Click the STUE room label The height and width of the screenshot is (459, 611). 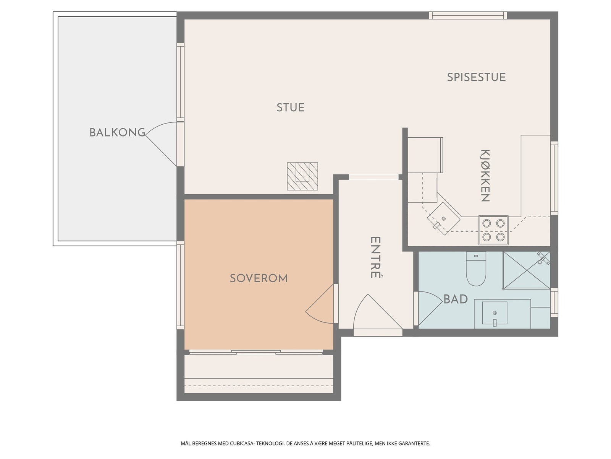click(x=290, y=107)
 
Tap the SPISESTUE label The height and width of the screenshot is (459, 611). click(x=476, y=77)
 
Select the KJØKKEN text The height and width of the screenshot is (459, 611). click(x=485, y=176)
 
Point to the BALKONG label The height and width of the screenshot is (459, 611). click(x=117, y=132)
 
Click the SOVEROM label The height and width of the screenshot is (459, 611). click(x=259, y=278)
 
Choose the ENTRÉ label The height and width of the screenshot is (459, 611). click(x=375, y=257)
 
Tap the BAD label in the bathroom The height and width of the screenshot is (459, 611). click(x=456, y=299)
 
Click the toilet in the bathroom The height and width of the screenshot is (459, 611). click(x=476, y=269)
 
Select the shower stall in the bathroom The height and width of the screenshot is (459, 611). click(x=526, y=270)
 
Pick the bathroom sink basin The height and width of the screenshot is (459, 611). click(x=495, y=313)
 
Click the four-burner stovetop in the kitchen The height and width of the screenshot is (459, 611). click(x=493, y=230)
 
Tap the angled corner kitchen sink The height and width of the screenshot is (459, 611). click(x=444, y=219)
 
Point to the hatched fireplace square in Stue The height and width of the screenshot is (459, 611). click(x=302, y=176)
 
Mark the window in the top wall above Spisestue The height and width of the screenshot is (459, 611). click(x=468, y=15)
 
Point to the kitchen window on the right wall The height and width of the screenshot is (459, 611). click(x=554, y=178)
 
